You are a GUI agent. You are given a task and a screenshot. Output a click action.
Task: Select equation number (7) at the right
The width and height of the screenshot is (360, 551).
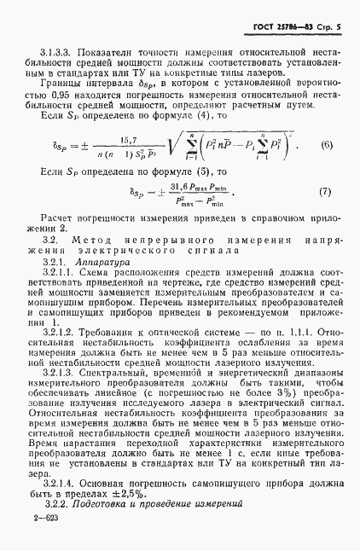326,216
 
